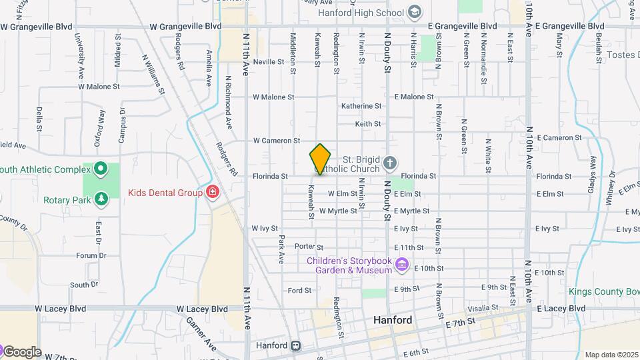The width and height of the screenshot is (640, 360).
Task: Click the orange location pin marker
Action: point(320,159)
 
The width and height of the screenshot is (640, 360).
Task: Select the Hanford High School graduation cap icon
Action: point(415,12)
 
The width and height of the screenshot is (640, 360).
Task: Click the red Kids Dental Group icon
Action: point(213,193)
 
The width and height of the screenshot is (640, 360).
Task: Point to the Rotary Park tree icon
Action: point(101,199)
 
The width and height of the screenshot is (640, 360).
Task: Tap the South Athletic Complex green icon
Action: point(101,169)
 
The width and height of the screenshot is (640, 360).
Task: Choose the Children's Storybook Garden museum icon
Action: point(401,265)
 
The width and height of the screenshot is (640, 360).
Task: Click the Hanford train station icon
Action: point(295,346)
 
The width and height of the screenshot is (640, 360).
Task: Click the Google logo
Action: point(21,352)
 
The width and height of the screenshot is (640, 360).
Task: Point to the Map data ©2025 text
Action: point(611,355)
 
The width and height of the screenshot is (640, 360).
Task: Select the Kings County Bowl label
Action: point(604,291)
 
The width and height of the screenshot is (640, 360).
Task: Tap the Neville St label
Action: point(269,61)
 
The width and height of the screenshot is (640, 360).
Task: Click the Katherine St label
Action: point(361,106)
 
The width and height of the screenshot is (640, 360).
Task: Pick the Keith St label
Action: point(367,124)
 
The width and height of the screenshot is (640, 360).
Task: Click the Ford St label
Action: point(299,290)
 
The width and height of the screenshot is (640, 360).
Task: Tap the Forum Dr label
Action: point(91,255)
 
